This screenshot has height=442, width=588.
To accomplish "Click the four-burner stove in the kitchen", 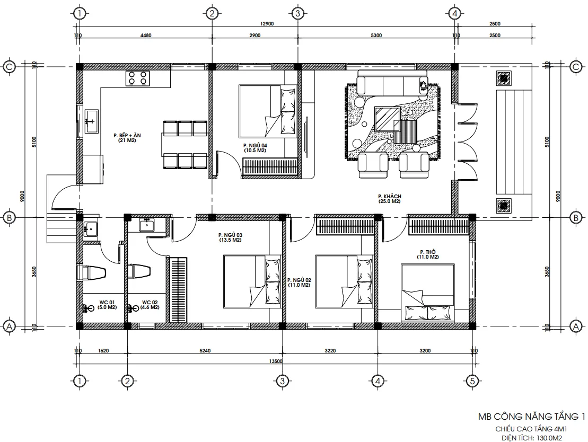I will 137,78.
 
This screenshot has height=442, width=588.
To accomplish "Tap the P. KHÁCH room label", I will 390,199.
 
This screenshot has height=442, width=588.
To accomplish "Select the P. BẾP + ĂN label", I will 126,138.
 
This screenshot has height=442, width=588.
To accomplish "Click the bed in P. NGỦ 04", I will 267,111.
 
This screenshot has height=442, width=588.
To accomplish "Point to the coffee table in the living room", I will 387,118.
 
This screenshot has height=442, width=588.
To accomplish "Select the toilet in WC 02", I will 139,271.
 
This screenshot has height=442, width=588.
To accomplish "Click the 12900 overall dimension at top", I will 267,24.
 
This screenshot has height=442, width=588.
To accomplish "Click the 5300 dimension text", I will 376,36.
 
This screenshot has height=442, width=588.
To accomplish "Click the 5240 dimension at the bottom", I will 205,350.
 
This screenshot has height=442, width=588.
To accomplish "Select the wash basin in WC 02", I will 147,225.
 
